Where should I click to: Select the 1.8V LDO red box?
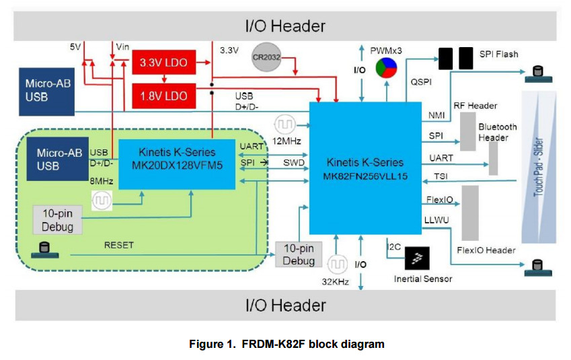[x=163, y=96]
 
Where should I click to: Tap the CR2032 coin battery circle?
[x=267, y=57]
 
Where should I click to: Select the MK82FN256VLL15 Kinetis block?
[x=365, y=169]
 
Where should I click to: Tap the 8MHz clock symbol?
[x=103, y=201]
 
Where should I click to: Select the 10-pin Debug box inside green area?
[x=57, y=220]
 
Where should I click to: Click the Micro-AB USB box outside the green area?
[x=45, y=89]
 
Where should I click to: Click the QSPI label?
[x=421, y=81]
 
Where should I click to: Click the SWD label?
[x=293, y=163]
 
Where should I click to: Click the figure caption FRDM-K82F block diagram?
[x=287, y=344]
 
